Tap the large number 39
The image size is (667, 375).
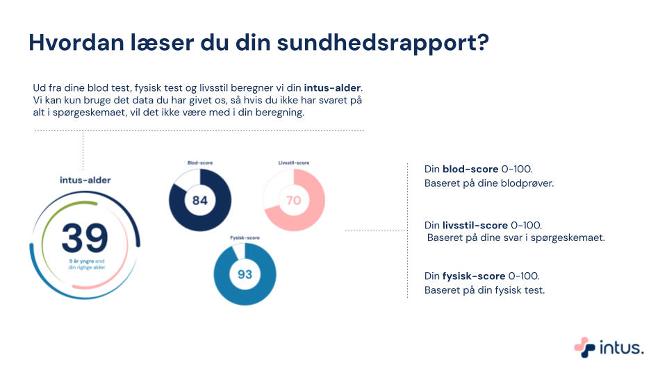(84, 237)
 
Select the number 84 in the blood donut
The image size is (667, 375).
(200, 201)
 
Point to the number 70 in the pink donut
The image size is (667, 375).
(293, 201)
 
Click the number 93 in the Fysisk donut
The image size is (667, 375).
(245, 274)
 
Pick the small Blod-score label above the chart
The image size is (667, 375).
(200, 162)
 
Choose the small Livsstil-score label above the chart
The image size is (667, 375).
(293, 162)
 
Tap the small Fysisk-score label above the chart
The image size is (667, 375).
(245, 237)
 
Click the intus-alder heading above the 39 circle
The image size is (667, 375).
(85, 180)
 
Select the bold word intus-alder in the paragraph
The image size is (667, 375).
(333, 88)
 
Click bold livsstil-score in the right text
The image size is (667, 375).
(475, 225)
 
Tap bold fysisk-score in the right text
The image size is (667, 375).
(474, 276)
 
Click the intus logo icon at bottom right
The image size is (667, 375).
(585, 347)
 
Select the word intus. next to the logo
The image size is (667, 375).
(622, 347)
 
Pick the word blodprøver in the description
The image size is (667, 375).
(529, 184)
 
